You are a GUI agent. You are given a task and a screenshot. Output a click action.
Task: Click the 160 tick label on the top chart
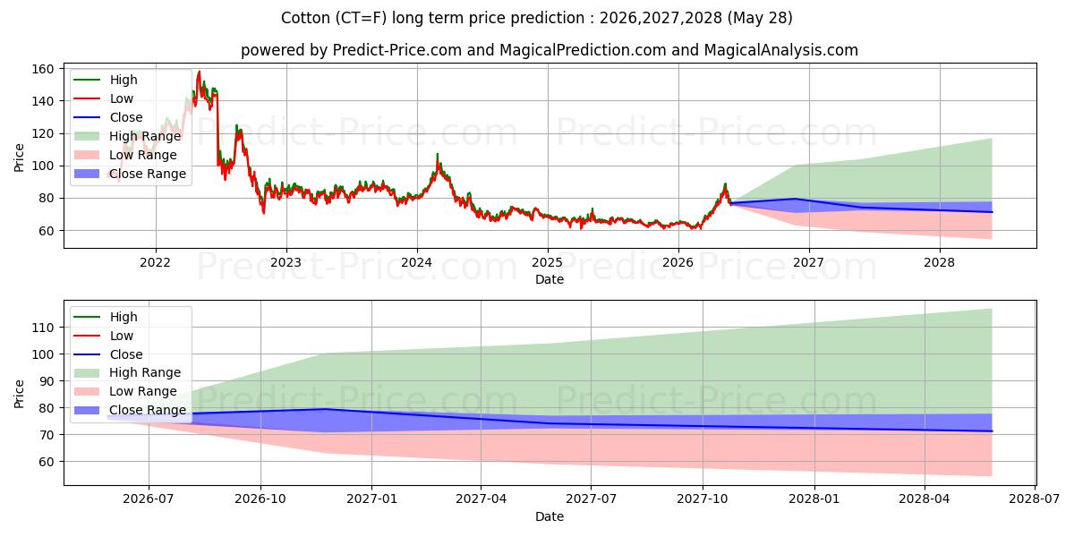pyautogui.click(x=42, y=69)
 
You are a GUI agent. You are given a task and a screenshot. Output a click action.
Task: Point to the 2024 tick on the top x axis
pyautogui.click(x=417, y=263)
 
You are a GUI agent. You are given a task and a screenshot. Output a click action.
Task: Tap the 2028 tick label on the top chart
pyautogui.click(x=939, y=263)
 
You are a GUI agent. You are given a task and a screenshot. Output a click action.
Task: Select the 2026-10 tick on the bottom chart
pyautogui.click(x=260, y=499)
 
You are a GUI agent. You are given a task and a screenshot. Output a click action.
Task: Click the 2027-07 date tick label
pyautogui.click(x=591, y=499)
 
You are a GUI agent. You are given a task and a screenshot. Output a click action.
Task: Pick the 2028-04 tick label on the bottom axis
pyautogui.click(x=925, y=499)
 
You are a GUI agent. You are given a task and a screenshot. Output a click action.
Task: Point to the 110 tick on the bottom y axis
pyautogui.click(x=43, y=328)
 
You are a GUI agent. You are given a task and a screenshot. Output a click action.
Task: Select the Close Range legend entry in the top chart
pyautogui.click(x=130, y=174)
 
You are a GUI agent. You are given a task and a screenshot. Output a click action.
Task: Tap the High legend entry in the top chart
pyautogui.click(x=106, y=80)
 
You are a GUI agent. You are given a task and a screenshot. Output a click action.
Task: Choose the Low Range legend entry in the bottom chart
pyautogui.click(x=125, y=391)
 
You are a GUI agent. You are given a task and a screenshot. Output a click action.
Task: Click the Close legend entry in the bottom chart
pyautogui.click(x=108, y=354)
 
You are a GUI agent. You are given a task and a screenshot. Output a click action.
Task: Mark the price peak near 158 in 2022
pyautogui.click(x=199, y=72)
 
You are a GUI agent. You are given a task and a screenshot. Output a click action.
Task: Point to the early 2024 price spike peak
pyautogui.click(x=437, y=154)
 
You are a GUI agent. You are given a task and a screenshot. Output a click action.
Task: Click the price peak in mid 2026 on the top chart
pyautogui.click(x=725, y=183)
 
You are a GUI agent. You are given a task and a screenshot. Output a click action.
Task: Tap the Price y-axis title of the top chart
pyautogui.click(x=19, y=158)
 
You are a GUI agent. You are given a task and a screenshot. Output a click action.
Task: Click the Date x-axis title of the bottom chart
pyautogui.click(x=550, y=516)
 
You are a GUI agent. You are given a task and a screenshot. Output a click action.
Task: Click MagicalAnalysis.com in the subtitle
pyautogui.click(x=781, y=50)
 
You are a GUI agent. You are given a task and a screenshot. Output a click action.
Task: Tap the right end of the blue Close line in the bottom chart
pyautogui.click(x=992, y=431)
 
